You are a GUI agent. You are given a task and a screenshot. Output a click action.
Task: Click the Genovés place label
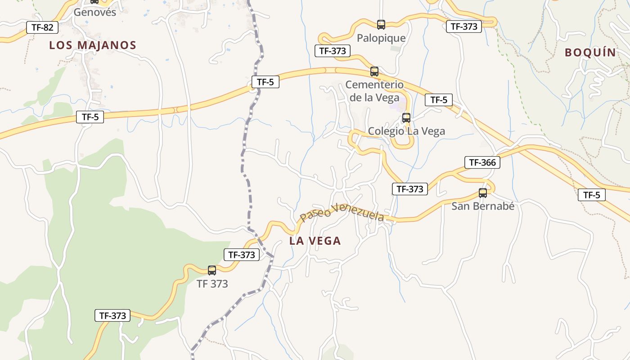pyautogui.click(x=94, y=12)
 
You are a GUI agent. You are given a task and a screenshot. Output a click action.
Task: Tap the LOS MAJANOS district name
pyautogui.click(x=93, y=45)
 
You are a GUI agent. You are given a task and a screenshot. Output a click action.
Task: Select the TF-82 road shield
pyautogui.click(x=42, y=27)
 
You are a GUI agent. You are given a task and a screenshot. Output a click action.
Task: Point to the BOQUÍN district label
pyautogui.click(x=590, y=52)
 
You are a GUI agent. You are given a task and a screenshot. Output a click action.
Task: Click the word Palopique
pyautogui.click(x=381, y=38)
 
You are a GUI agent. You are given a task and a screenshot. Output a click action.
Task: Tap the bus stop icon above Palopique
pyautogui.click(x=381, y=24)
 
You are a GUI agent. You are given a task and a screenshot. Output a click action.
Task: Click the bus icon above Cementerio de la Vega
pyautogui.click(x=374, y=71)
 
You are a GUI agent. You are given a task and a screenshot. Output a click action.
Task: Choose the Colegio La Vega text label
pyautogui.click(x=406, y=131)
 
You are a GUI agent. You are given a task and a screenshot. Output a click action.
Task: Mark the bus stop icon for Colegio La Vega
pyautogui.click(x=406, y=118)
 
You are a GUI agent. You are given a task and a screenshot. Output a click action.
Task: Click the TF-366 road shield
pyautogui.click(x=482, y=162)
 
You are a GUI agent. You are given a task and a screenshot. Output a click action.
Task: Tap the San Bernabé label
pyautogui.click(x=483, y=206)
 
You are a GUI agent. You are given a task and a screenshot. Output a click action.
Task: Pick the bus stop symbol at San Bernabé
pyautogui.click(x=483, y=193)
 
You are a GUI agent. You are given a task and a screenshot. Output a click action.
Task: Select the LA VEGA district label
pyautogui.click(x=315, y=241)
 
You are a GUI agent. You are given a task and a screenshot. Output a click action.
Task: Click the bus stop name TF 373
pyautogui.click(x=212, y=283)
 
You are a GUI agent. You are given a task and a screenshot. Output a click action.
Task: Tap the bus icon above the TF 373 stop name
pyautogui.click(x=212, y=270)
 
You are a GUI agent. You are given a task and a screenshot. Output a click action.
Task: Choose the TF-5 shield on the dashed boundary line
pyautogui.click(x=265, y=82)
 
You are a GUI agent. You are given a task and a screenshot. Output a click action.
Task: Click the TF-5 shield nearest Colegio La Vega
pyautogui.click(x=439, y=100)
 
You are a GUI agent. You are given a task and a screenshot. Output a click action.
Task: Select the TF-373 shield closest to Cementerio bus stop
pyautogui.click(x=333, y=51)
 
